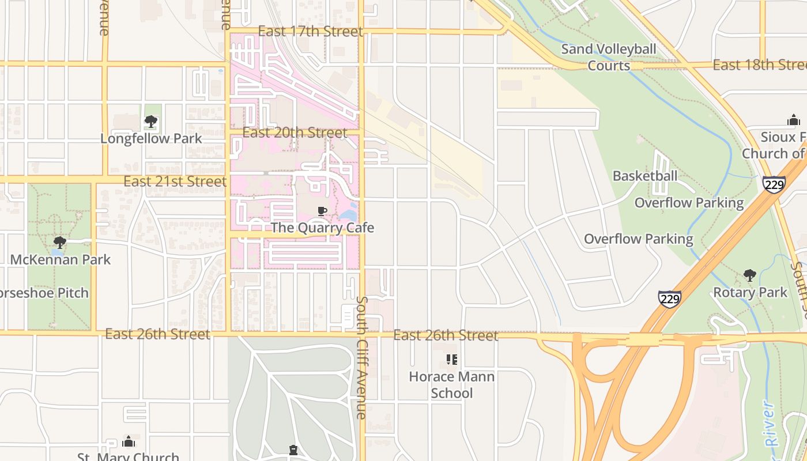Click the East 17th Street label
point(310,31)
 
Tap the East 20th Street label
point(295,133)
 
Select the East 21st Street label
point(175,182)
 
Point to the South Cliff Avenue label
point(362,357)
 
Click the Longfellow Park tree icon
point(151,122)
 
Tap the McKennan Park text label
point(61,259)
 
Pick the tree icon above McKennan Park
point(59,243)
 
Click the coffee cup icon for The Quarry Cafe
point(322,211)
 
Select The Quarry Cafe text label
point(322,228)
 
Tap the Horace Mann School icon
point(452,360)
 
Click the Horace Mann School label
point(452,385)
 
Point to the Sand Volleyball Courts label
point(609,57)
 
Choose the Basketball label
point(645,176)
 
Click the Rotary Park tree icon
point(750,275)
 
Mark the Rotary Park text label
point(750,292)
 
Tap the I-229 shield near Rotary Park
point(669,298)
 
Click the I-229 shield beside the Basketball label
point(774,184)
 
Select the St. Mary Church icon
point(129,442)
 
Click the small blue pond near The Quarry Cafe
point(348,216)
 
